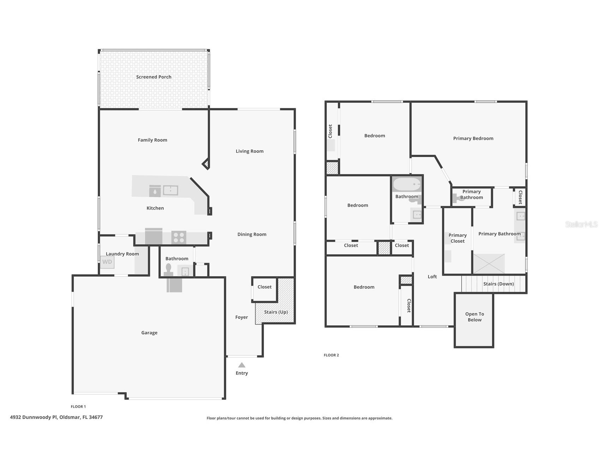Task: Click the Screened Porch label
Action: (x=154, y=77)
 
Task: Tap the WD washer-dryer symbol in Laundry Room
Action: (x=107, y=262)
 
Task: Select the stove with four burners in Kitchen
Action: (x=179, y=237)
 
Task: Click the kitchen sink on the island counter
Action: (x=170, y=190)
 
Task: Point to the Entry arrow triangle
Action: (x=241, y=365)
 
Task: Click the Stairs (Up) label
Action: (x=276, y=312)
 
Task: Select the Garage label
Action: (x=149, y=333)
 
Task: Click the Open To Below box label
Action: (x=474, y=317)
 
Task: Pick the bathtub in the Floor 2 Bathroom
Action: (x=407, y=184)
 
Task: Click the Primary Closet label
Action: (x=457, y=238)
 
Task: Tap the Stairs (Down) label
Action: (x=498, y=284)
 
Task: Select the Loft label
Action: (x=432, y=277)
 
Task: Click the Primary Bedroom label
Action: (x=473, y=138)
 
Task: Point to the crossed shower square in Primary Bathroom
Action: (x=489, y=263)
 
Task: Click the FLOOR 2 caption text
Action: (x=331, y=355)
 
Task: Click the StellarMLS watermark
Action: (x=581, y=224)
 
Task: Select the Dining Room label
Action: (x=252, y=234)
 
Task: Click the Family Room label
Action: (x=152, y=140)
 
